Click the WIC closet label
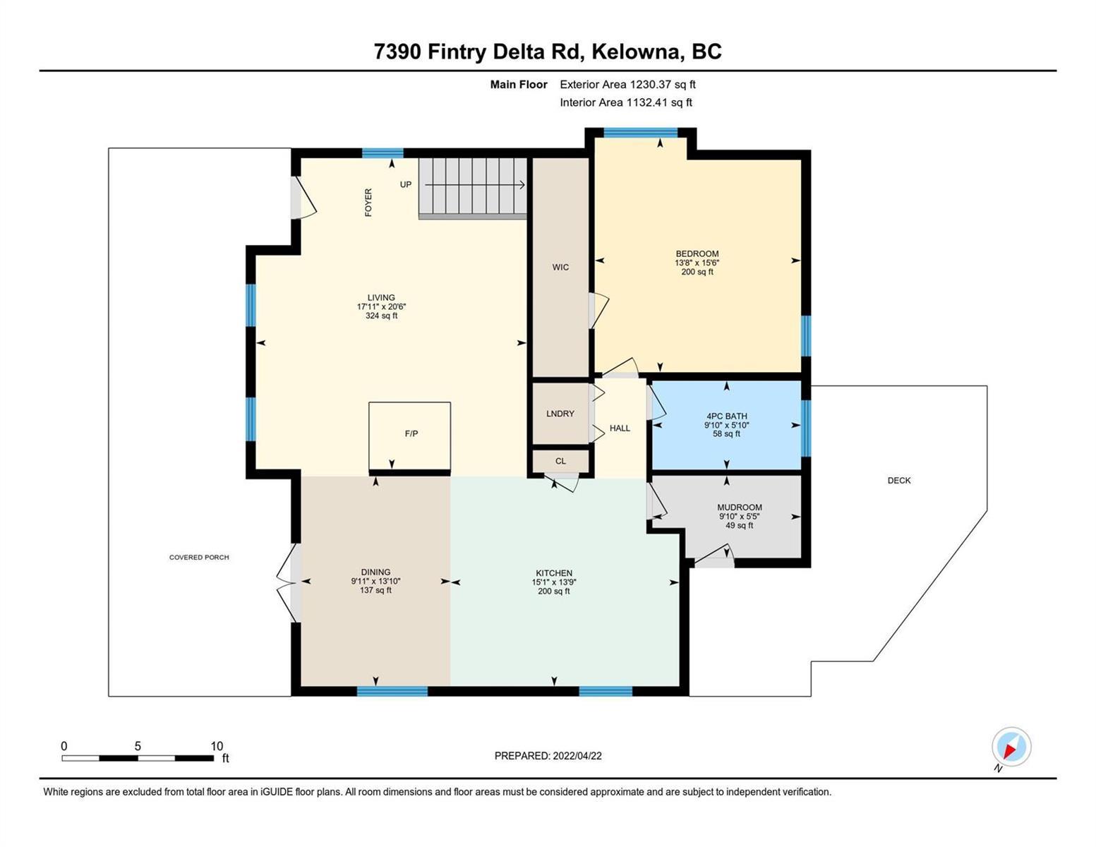pyautogui.click(x=560, y=268)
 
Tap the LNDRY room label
pyautogui.click(x=560, y=414)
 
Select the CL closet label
pyautogui.click(x=560, y=461)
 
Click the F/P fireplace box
pyautogui.click(x=409, y=436)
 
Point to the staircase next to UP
pyautogui.click(x=473, y=188)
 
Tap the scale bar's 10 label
pyautogui.click(x=217, y=746)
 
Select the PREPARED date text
pyautogui.click(x=548, y=756)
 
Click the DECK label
pyautogui.click(x=899, y=481)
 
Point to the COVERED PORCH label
pyautogui.click(x=199, y=558)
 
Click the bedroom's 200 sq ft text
pyautogui.click(x=697, y=272)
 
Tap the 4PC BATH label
pyautogui.click(x=727, y=416)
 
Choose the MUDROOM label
pyautogui.click(x=740, y=507)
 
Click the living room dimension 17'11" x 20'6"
pyautogui.click(x=381, y=307)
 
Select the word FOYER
pyautogui.click(x=368, y=203)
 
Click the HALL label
pyautogui.click(x=620, y=428)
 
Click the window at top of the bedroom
pyautogui.click(x=641, y=133)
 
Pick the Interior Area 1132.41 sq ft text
pyautogui.click(x=626, y=102)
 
